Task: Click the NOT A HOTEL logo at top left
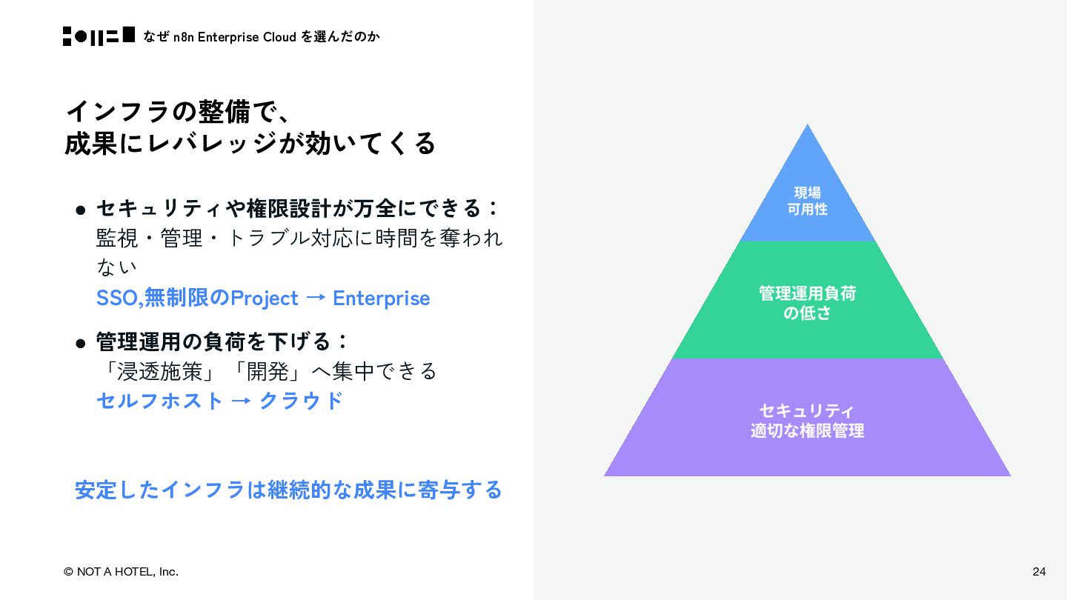tap(99, 36)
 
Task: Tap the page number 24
tap(1039, 571)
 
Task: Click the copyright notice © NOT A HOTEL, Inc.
tap(121, 571)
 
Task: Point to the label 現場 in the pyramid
tap(807, 193)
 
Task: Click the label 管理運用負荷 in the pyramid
tap(807, 293)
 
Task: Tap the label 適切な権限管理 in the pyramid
tap(807, 430)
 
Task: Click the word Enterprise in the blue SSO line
tap(381, 298)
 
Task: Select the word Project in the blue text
tap(264, 298)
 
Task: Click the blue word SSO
tap(117, 298)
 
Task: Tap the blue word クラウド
tap(301, 400)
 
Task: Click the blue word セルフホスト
tap(159, 400)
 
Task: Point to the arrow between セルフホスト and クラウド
tap(240, 401)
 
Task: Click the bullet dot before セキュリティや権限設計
tap(82, 210)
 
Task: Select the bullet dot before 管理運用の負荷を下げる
tap(82, 344)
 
